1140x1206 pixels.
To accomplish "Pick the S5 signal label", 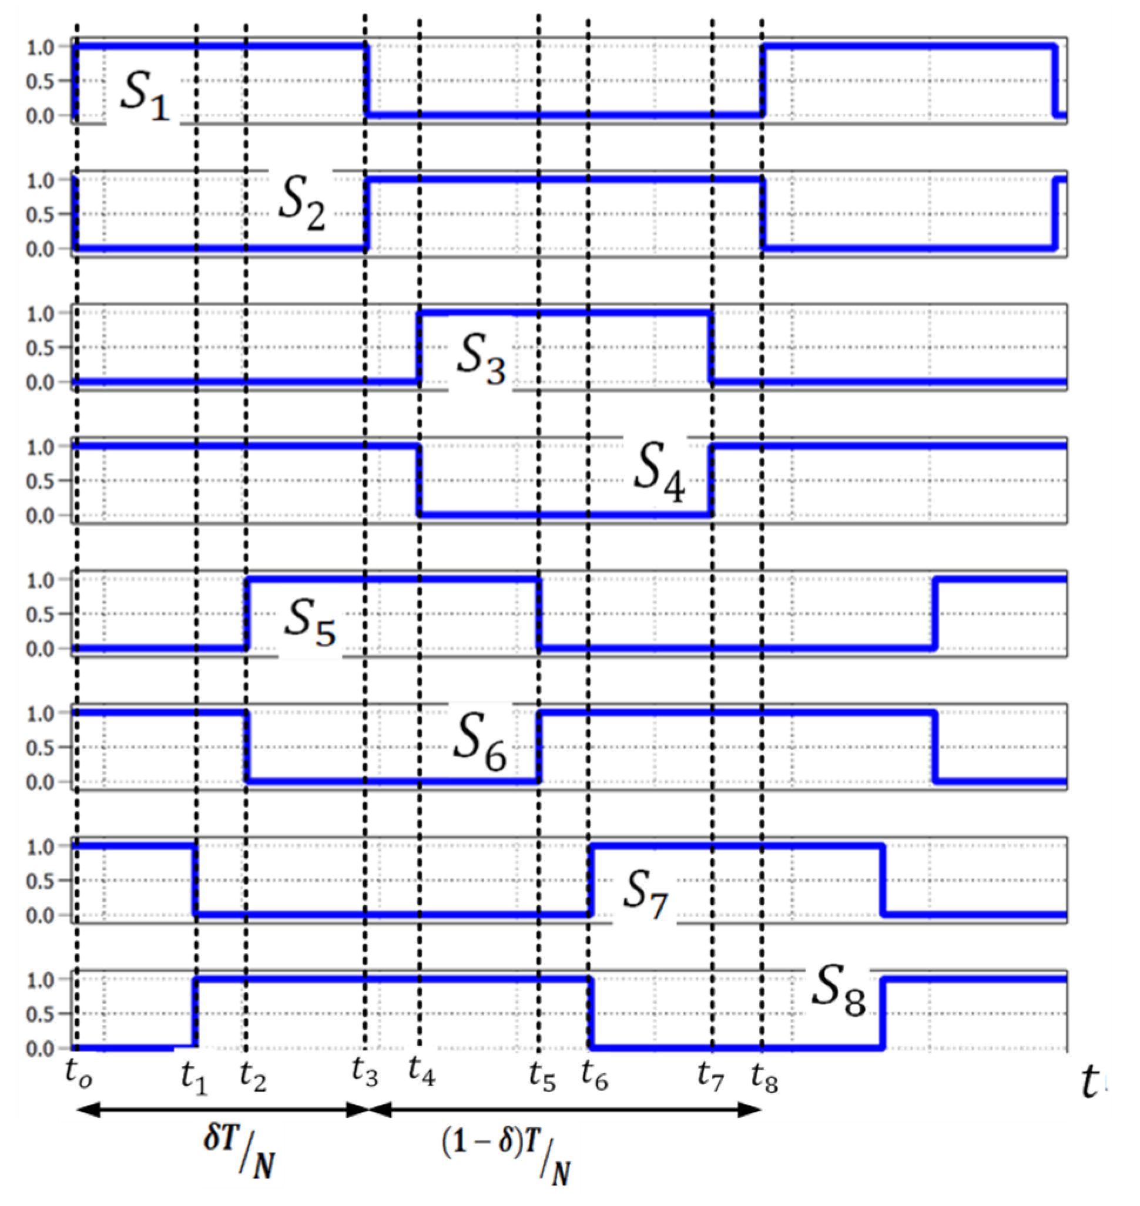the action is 310,622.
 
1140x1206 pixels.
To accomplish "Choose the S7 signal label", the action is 645,893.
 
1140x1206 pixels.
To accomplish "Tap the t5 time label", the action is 542,1077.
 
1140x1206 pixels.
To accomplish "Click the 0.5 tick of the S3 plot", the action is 40,348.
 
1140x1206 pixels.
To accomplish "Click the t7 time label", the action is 710,1077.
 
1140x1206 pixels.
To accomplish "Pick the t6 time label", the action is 594,1077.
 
